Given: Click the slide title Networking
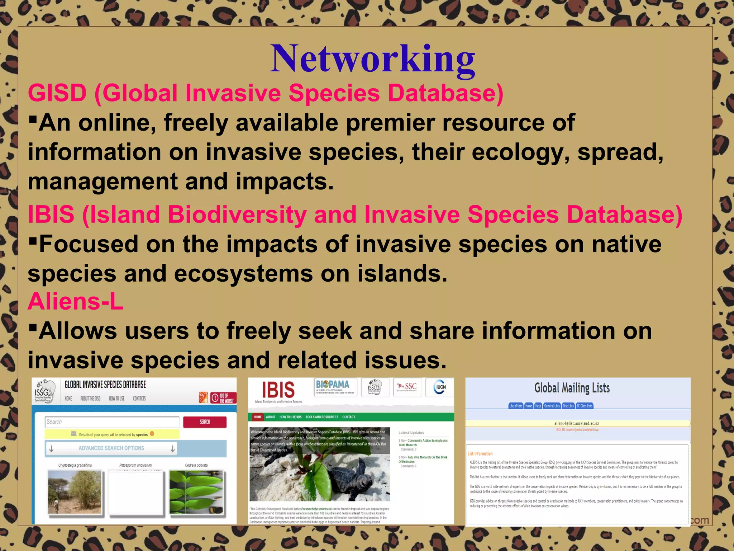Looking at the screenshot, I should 372,59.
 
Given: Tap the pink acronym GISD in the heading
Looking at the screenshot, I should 57,93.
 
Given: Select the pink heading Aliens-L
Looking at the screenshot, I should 76,301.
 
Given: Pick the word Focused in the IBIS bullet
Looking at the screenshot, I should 88,244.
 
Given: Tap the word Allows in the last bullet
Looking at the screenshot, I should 77,331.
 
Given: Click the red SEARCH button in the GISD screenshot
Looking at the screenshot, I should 205,422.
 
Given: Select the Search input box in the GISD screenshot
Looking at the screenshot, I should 112,422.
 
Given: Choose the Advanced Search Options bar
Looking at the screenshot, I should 135,448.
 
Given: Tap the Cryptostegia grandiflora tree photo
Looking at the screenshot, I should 75,492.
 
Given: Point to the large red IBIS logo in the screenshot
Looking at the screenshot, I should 278,390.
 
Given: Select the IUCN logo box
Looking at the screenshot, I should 439,387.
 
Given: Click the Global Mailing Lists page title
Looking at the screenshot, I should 572,388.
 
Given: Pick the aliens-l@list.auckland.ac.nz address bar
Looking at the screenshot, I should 577,423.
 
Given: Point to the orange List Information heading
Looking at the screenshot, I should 480,454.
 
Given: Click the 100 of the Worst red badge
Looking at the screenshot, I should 223,398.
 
